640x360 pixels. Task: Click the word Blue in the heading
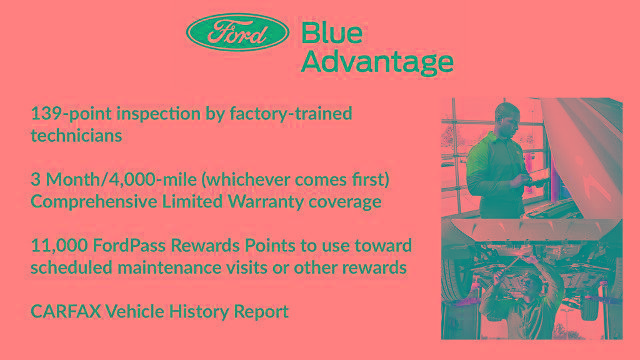point(336,32)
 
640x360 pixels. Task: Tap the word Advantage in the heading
point(377,62)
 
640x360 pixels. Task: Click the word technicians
point(76,135)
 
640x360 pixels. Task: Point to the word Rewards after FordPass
point(217,246)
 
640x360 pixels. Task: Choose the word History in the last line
point(203,312)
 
